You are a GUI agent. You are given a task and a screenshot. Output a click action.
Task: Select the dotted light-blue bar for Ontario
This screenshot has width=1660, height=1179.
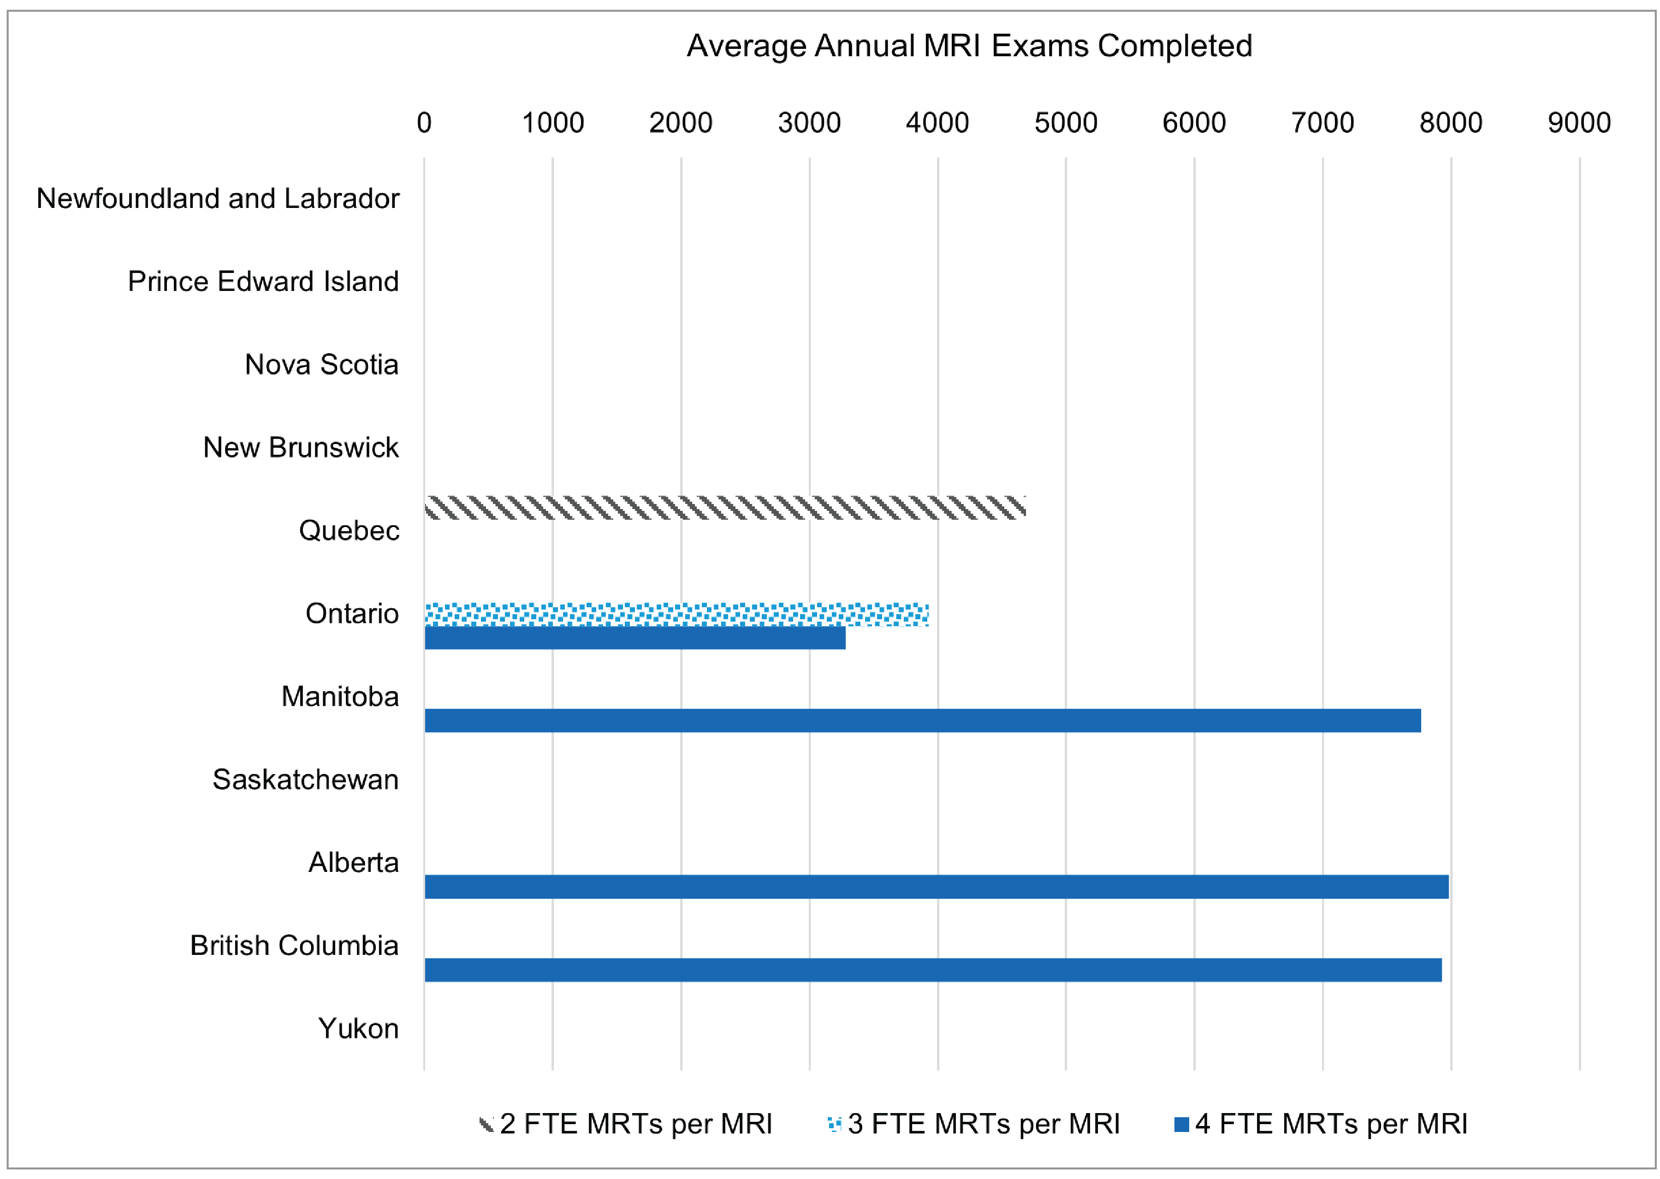click(x=676, y=614)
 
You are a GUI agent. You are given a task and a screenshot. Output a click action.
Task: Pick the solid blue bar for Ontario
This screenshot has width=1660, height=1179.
click(x=634, y=638)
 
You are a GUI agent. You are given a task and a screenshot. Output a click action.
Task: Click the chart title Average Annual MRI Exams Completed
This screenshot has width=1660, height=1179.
click(x=968, y=46)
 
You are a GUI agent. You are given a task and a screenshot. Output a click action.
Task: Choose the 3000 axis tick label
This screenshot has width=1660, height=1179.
click(x=809, y=123)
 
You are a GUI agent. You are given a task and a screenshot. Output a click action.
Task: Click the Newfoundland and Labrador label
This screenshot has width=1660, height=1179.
click(x=218, y=198)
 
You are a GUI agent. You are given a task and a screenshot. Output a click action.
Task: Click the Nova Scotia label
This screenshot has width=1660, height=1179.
click(x=321, y=364)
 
